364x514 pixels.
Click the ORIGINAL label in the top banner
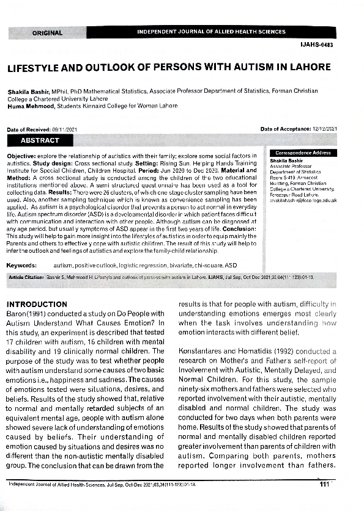click(48, 33)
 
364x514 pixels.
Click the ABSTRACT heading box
click(40, 140)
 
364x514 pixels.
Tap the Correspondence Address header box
click(303, 153)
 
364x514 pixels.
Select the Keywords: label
click(24, 266)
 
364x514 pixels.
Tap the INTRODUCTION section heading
click(37, 304)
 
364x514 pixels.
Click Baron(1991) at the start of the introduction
click(23, 313)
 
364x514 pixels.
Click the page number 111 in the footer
click(324, 484)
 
